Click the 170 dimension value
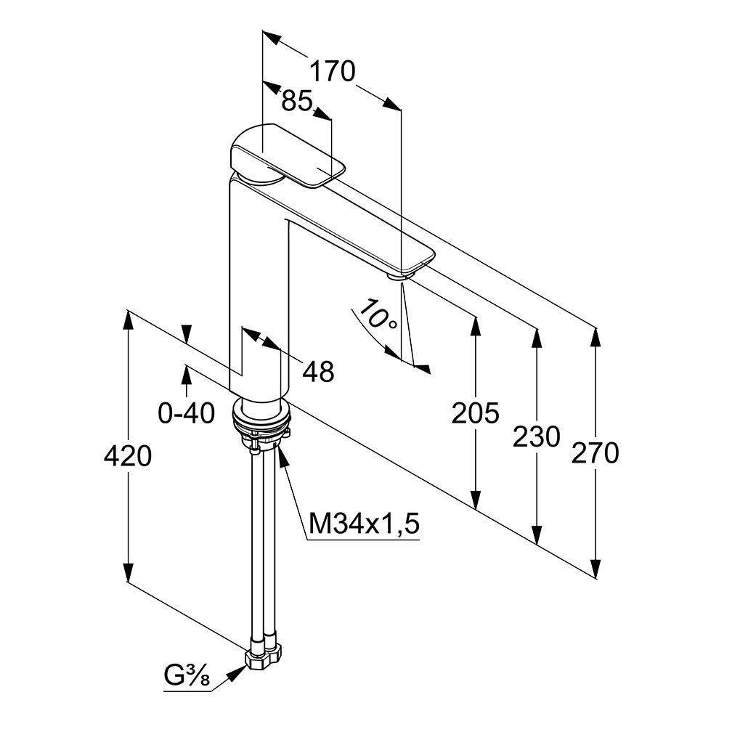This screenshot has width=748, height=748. coord(333,72)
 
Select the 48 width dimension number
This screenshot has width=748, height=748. coord(318,372)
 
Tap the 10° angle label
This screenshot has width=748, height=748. coord(378,317)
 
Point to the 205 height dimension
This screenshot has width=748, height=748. coord(476,414)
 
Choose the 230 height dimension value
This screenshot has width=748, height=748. coord(537,436)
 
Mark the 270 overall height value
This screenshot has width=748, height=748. coord(595,452)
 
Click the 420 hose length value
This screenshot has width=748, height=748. coord(128,457)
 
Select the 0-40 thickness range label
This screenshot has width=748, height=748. coord(187,414)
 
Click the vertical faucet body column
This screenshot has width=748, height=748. coord(258,290)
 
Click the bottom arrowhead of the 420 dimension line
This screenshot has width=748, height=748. coord(128,574)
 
